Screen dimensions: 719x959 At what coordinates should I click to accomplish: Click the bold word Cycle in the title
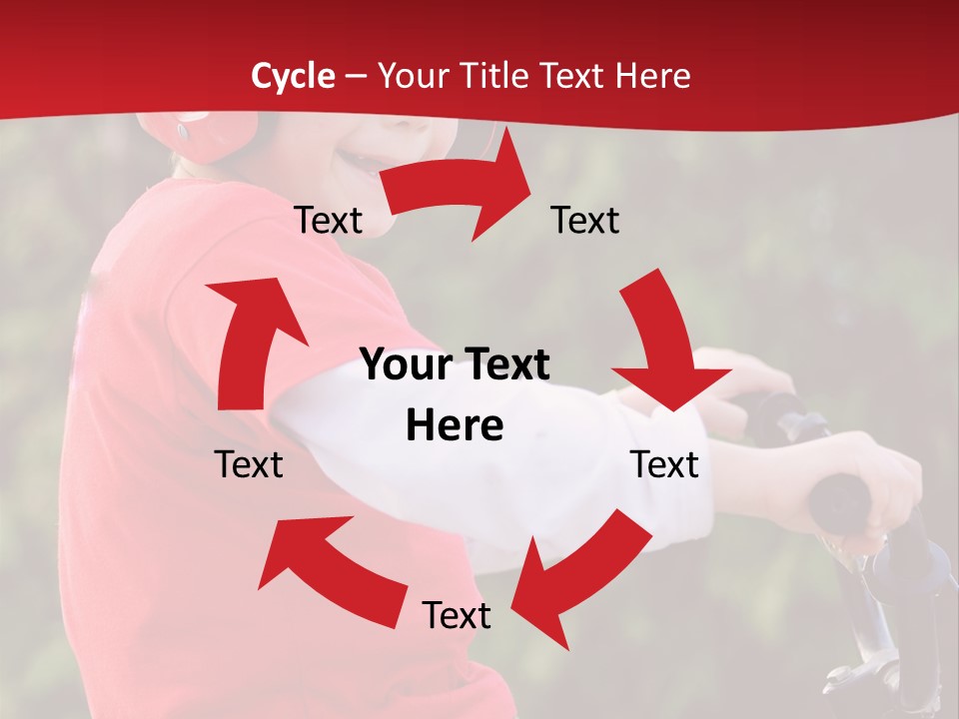(293, 76)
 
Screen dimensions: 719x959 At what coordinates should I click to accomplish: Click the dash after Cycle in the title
(355, 77)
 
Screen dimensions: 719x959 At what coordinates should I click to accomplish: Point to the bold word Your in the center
(402, 365)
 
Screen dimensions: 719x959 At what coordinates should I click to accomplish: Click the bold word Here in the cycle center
(455, 426)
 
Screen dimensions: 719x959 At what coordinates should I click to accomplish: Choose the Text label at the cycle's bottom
(457, 615)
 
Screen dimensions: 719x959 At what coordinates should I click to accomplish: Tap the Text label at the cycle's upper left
(328, 221)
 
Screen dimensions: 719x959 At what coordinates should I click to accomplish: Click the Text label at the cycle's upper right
(585, 220)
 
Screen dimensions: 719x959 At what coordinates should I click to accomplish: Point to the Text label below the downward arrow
(664, 464)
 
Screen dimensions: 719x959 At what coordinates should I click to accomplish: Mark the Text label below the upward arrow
(249, 464)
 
